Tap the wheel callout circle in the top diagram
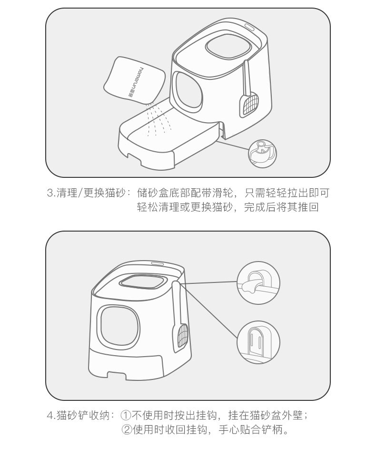pyautogui.click(x=262, y=154)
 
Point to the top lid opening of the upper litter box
pyautogui.click(x=228, y=46)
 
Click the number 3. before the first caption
pyautogui.click(x=51, y=193)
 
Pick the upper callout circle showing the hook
pyautogui.click(x=258, y=283)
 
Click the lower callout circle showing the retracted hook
pyautogui.click(x=258, y=342)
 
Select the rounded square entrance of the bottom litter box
pyautogui.click(x=119, y=327)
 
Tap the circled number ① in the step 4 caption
pyautogui.click(x=126, y=415)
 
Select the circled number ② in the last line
pyautogui.click(x=127, y=430)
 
